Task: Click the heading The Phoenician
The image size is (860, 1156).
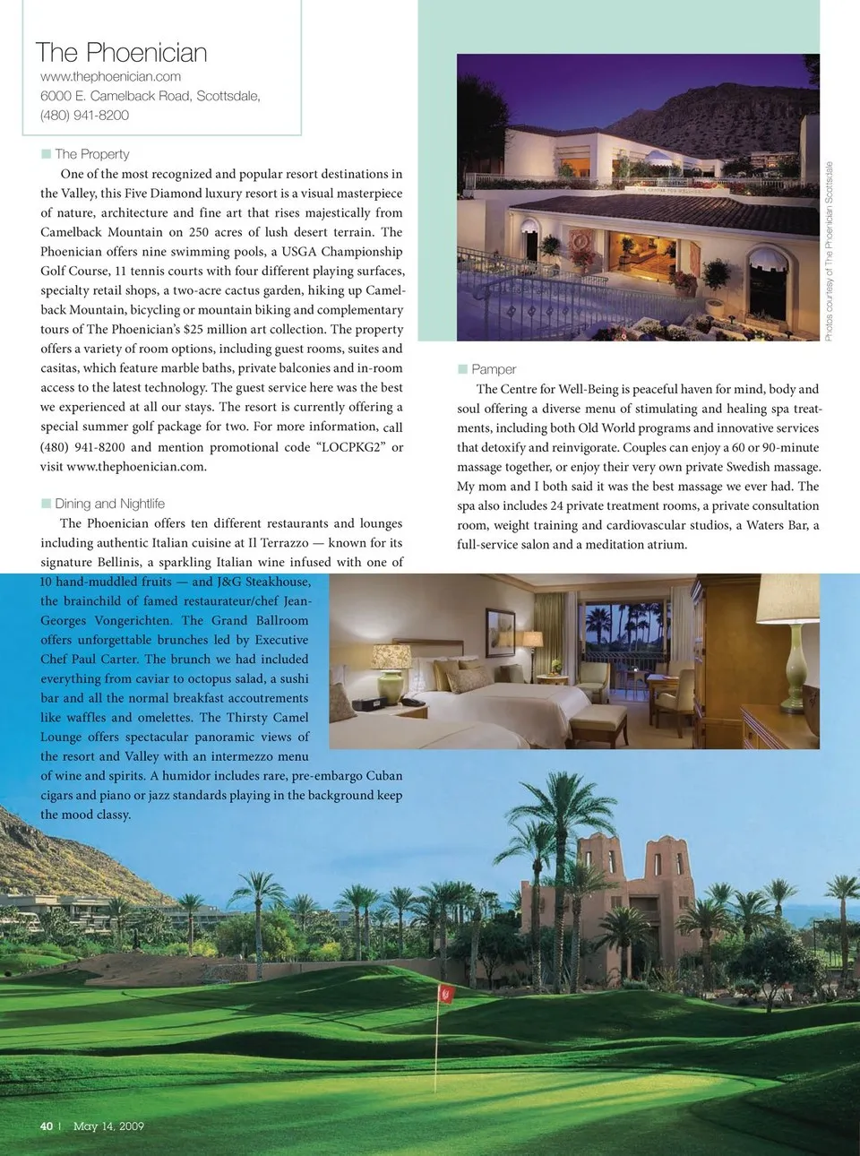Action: point(121,53)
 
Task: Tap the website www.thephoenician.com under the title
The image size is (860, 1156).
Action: point(110,77)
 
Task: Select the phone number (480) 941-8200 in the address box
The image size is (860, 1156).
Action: point(84,116)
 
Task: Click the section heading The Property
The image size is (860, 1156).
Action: point(91,154)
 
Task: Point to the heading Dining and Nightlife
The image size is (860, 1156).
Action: point(109,504)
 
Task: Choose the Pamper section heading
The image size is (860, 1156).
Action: point(494,369)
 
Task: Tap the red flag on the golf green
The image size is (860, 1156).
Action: point(445,993)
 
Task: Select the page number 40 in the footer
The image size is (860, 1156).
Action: point(47,1126)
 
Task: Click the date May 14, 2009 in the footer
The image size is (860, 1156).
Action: point(108,1126)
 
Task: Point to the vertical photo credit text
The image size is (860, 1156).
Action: point(829,251)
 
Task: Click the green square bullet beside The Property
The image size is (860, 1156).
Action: point(46,154)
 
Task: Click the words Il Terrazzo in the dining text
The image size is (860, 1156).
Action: point(278,543)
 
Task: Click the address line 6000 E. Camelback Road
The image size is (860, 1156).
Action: point(150,96)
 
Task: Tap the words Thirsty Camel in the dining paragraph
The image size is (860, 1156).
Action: point(267,718)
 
